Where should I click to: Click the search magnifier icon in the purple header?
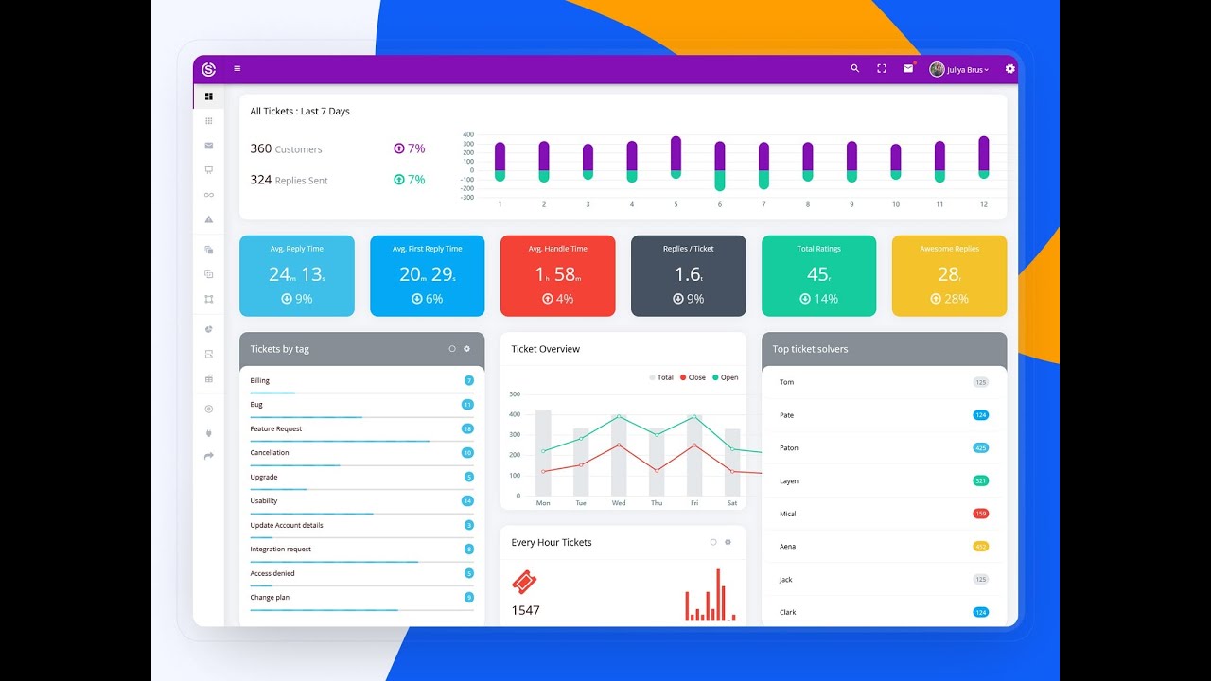855,69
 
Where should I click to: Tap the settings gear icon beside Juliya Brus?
1009,69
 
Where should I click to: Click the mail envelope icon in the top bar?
908,69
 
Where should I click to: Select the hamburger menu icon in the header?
237,69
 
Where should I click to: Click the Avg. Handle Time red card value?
557,274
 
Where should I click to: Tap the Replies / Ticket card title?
688,249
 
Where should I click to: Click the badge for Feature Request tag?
467,428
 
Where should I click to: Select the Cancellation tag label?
270,453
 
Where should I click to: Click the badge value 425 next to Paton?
980,448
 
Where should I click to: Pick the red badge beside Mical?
980,514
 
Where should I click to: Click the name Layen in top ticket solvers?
789,481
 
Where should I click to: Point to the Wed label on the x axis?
618,503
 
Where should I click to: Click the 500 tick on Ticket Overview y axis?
515,394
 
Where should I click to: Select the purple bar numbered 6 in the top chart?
719,156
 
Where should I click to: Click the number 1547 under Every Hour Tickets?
525,610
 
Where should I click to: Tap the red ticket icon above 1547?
524,581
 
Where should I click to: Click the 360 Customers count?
261,148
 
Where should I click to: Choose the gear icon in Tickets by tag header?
466,349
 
